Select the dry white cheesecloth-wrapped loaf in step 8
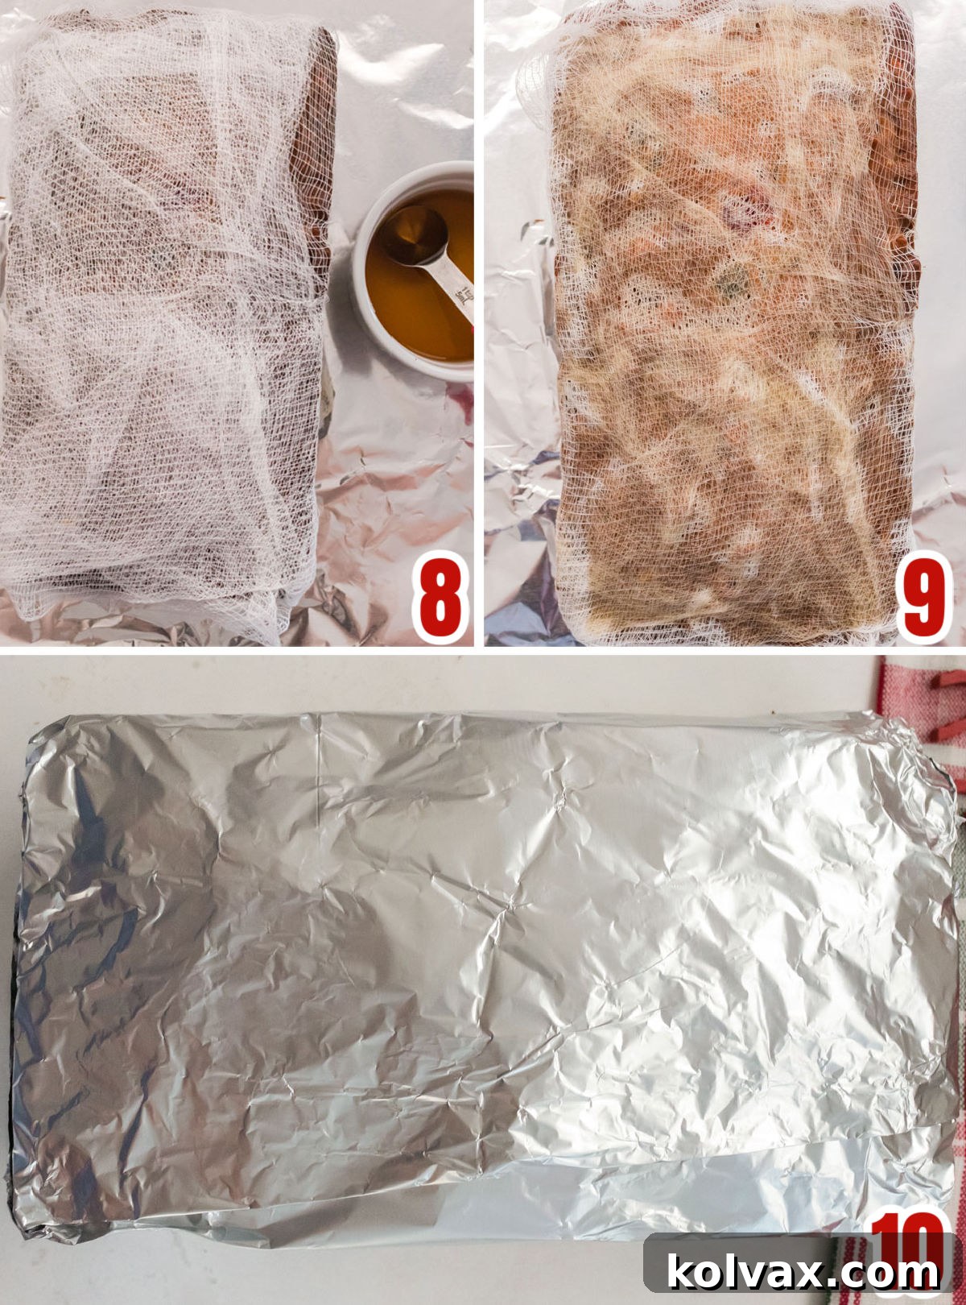[161, 322]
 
